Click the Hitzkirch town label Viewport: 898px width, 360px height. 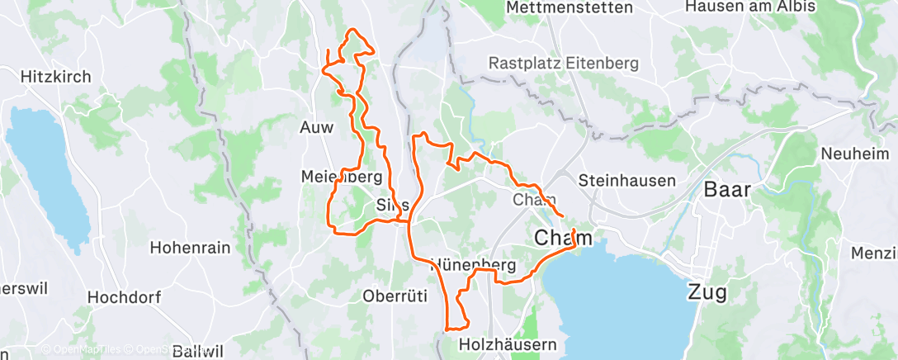(55, 76)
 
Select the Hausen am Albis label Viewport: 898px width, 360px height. (750, 7)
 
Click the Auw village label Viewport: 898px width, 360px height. (316, 129)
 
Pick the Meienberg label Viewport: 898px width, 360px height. (342, 177)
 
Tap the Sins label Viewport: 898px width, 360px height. (393, 204)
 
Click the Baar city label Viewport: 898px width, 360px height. (727, 189)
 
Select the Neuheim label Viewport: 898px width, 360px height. (856, 154)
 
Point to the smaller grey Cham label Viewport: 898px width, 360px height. (533, 200)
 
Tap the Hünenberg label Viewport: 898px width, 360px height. (474, 265)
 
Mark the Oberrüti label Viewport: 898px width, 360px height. (394, 295)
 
